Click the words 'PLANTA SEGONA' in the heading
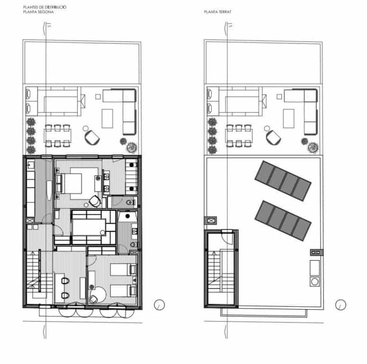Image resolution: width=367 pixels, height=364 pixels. click(38, 12)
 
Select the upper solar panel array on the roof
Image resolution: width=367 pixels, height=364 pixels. click(283, 181)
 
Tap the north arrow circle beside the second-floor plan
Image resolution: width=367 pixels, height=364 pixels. click(160, 304)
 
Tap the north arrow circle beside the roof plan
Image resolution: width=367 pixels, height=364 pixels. click(340, 304)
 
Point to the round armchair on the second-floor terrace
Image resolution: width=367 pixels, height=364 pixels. click(92, 137)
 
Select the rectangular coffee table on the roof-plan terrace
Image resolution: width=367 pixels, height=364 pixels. click(289, 118)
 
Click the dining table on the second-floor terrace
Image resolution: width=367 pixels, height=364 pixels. click(57, 135)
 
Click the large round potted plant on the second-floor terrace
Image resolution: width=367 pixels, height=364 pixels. click(129, 146)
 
